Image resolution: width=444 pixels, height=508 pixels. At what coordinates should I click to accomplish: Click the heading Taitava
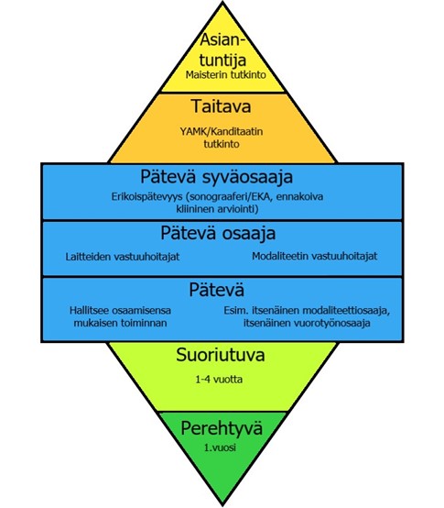point(222,106)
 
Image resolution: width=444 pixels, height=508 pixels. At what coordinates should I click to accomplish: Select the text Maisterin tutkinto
point(226,75)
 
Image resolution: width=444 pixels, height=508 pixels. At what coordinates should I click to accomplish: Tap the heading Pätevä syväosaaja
point(216,178)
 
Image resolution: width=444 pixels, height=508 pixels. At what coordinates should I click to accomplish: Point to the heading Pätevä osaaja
point(218,233)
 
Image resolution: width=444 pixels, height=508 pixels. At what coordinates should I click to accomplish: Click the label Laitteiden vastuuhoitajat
point(123,257)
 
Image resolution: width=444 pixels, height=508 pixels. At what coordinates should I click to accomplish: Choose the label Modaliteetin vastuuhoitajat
point(314,256)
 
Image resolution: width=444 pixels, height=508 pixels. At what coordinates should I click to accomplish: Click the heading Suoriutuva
point(221,355)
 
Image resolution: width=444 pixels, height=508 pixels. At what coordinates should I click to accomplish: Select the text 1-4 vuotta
point(219,380)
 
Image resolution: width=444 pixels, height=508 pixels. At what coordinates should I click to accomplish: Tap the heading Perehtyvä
point(222,428)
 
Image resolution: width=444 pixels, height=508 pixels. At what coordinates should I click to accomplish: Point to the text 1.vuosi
point(220,447)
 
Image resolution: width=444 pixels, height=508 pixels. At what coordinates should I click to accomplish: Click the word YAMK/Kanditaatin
point(222,132)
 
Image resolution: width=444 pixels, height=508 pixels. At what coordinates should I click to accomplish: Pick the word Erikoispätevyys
point(148,197)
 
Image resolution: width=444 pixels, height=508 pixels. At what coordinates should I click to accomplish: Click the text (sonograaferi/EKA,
point(229,197)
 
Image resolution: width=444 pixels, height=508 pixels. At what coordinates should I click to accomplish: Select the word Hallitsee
point(88,310)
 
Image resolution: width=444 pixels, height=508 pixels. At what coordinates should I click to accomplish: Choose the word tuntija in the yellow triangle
point(222,60)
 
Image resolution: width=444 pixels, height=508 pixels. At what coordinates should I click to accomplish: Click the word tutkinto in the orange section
point(222,144)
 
